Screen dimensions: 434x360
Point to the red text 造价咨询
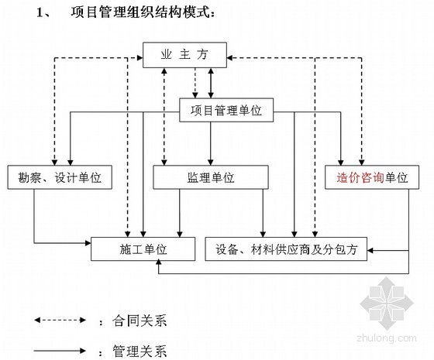pos(360,177)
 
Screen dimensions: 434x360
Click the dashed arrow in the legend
pos(60,321)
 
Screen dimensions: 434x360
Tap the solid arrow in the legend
pos(60,351)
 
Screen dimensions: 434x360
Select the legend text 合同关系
pos(139,321)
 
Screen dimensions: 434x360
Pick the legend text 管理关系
pos(139,351)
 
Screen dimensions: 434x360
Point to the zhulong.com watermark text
pos(387,338)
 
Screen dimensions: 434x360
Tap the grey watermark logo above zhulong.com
pos(387,303)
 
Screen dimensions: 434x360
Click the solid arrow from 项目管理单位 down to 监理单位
pos(211,143)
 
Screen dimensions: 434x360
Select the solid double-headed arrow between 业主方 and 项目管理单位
pos(211,83)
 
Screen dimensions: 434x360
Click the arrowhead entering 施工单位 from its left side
pos(88,243)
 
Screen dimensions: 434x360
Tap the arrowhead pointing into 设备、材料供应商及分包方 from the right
pos(370,251)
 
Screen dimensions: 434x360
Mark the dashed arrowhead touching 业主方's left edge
pos(139,57)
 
